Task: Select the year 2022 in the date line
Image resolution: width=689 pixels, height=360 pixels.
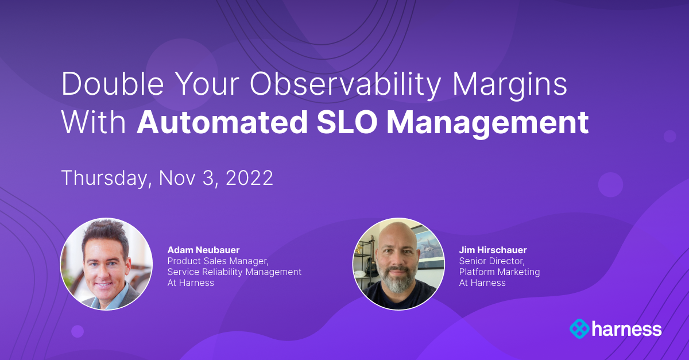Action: [x=249, y=178]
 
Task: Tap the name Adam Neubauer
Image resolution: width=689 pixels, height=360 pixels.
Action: [x=204, y=250]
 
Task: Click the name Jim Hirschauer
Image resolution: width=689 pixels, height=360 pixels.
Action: [x=493, y=250]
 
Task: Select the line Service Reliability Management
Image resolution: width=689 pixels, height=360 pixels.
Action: [x=234, y=272]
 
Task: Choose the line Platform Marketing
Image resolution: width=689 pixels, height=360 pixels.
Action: [x=499, y=272]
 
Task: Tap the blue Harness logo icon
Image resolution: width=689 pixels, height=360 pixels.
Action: [x=580, y=329]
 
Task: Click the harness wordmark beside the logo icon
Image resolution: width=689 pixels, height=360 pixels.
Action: [x=628, y=329]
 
